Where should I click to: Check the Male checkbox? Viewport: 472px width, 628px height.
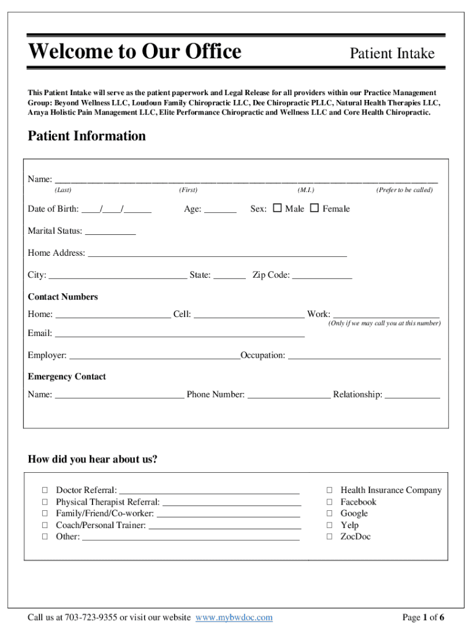[x=277, y=209]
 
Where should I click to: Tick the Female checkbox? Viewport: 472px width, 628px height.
[x=314, y=209]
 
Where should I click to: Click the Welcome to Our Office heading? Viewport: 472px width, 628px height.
[x=135, y=52]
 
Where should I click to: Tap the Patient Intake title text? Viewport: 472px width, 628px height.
[x=392, y=54]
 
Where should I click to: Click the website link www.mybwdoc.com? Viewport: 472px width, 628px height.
[x=234, y=617]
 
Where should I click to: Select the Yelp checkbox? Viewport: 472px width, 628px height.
[x=329, y=525]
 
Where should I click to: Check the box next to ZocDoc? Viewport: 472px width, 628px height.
[x=329, y=537]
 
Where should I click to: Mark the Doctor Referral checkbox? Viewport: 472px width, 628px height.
[x=45, y=490]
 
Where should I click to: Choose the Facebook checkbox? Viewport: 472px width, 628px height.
[x=329, y=502]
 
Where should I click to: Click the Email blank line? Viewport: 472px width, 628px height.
[x=180, y=334]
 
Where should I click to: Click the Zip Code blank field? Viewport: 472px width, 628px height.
[x=322, y=275]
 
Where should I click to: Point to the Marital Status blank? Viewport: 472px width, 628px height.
[x=110, y=231]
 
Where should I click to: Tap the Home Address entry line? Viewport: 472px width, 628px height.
[x=218, y=253]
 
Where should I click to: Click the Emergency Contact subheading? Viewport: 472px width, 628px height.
[x=67, y=377]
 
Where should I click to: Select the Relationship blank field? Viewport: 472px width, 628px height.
[x=412, y=395]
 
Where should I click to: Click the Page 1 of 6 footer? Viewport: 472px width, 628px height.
[x=423, y=617]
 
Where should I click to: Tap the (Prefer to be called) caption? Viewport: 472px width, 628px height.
[x=405, y=190]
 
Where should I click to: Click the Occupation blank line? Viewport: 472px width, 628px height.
[x=364, y=356]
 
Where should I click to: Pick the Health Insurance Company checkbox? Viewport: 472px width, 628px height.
[x=329, y=490]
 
